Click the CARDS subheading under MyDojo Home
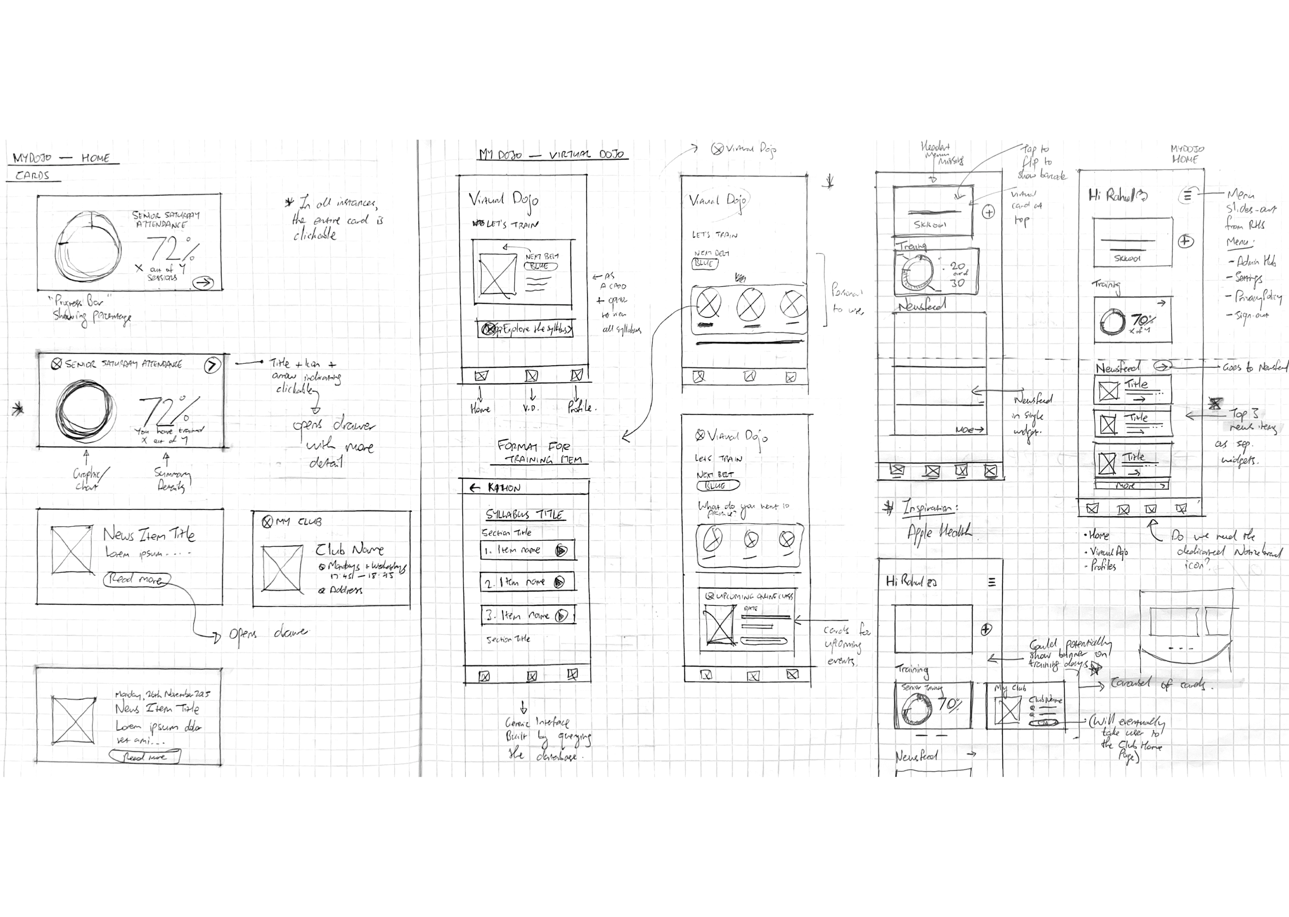(x=32, y=175)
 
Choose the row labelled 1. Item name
(x=528, y=550)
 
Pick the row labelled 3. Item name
(x=528, y=616)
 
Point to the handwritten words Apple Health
(x=939, y=532)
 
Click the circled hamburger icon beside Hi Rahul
(x=1187, y=196)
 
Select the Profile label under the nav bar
(x=581, y=407)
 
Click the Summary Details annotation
(x=172, y=480)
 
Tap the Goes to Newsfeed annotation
(x=1254, y=367)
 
